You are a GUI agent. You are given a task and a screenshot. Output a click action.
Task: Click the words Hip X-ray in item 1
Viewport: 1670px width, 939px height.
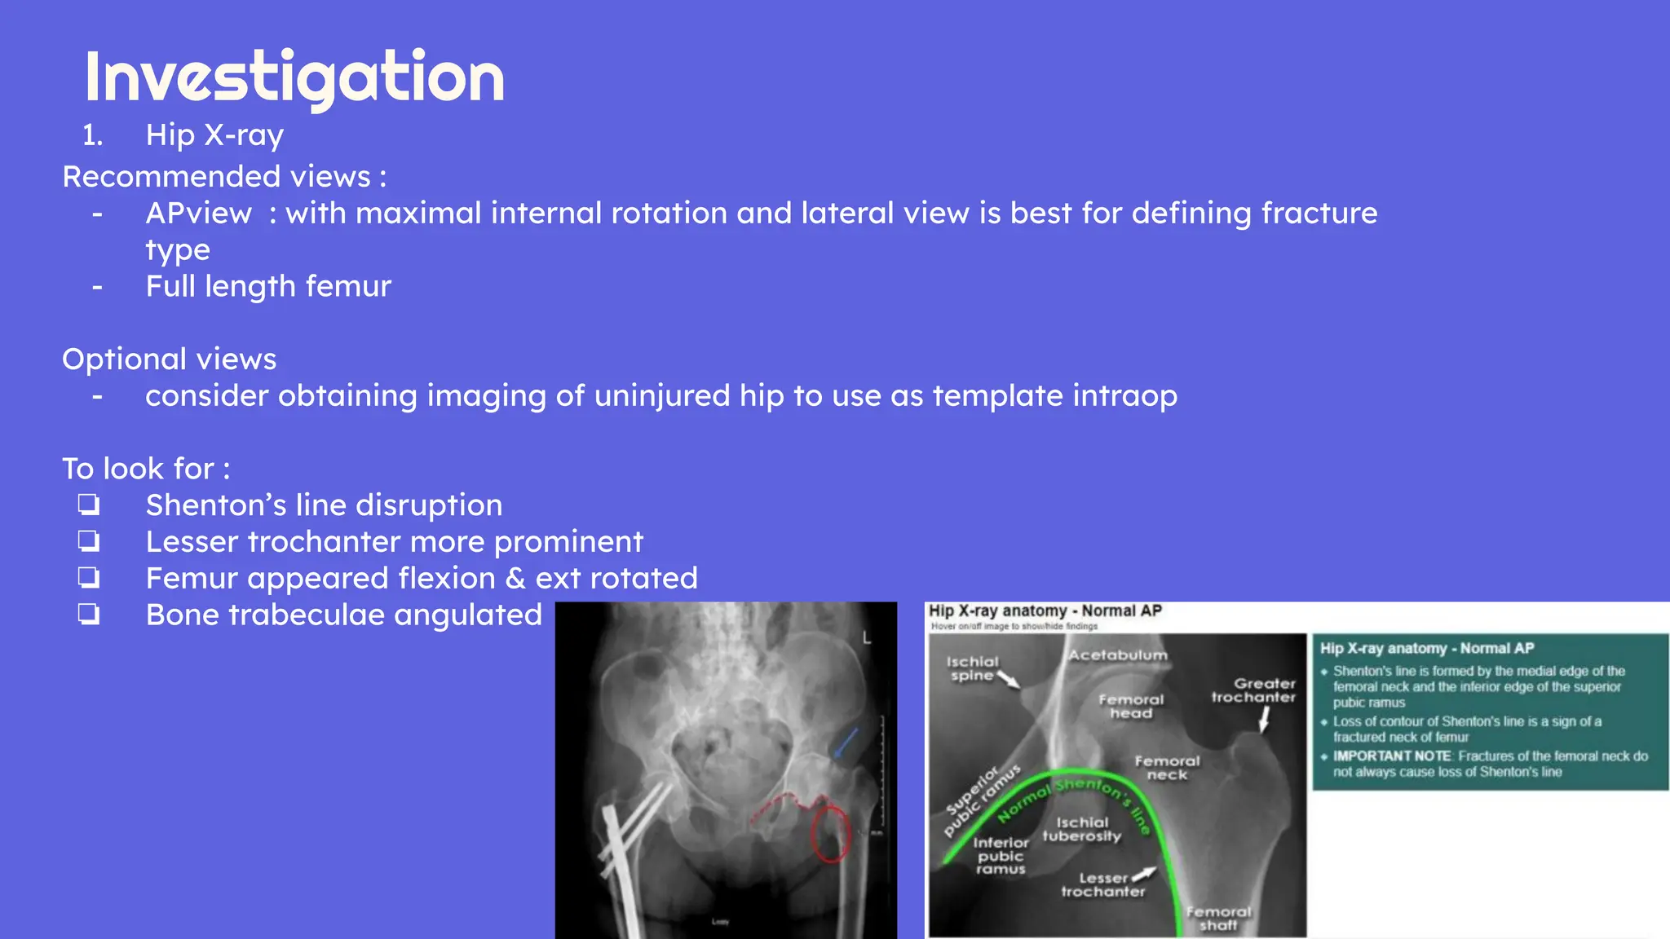coord(214,135)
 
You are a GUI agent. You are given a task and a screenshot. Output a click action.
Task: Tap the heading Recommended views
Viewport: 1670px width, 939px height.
coord(223,177)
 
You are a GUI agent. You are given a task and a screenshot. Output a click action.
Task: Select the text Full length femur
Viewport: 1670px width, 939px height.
coord(268,287)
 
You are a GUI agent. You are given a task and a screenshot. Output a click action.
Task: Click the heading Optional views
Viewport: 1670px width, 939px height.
coord(170,359)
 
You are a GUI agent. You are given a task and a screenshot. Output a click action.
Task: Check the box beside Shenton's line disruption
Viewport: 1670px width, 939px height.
coord(89,505)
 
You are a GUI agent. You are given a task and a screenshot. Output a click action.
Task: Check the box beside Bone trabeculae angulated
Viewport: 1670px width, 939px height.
coord(89,614)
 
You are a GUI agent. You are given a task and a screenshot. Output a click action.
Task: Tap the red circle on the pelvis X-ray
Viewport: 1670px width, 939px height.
coord(831,833)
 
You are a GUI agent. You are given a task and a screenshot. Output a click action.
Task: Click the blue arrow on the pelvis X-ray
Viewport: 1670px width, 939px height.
coord(845,742)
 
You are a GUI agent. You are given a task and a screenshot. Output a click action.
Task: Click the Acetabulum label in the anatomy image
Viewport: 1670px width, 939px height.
coord(1118,655)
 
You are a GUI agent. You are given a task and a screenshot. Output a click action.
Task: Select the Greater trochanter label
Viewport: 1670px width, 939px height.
coord(1253,690)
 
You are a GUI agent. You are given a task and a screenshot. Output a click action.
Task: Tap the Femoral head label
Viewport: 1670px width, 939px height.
coord(1131,706)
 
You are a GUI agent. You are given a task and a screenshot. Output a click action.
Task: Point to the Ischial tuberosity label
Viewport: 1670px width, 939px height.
coord(1082,829)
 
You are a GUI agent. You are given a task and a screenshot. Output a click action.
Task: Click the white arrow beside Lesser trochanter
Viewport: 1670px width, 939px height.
coord(1144,874)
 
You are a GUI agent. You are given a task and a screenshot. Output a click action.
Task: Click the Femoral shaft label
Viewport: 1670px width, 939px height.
coord(1218,919)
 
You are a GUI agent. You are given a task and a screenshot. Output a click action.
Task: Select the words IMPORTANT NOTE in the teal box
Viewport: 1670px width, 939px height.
coord(1391,756)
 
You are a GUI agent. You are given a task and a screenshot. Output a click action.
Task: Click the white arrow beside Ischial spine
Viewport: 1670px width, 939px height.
coord(1009,680)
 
